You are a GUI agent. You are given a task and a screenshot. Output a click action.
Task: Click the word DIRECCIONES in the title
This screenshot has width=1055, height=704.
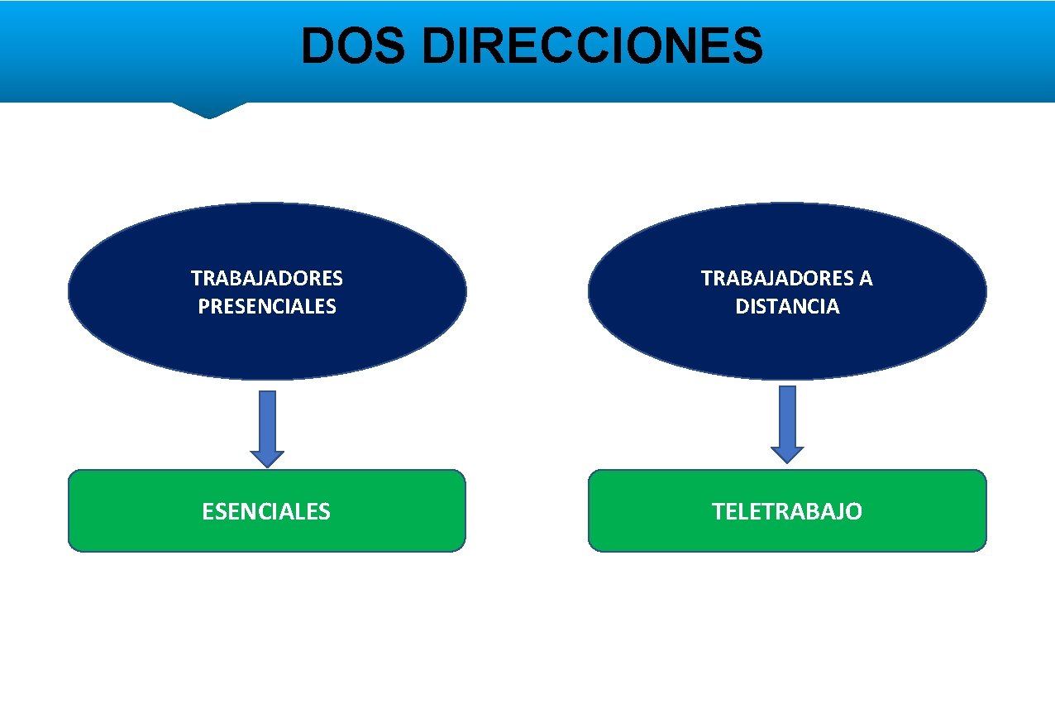coord(592,46)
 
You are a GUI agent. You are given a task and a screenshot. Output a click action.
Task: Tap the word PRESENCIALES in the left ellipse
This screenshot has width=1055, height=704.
coord(267,307)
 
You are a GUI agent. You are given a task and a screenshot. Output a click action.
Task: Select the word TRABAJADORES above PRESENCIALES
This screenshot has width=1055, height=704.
coord(267,279)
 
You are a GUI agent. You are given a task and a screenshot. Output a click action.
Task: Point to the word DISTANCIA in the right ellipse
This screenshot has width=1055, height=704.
coord(787,307)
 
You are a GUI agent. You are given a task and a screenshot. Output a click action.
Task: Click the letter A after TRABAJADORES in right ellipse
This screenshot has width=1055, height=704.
coord(865,279)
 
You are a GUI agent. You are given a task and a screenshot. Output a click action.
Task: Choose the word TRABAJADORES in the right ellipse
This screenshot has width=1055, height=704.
coord(776,279)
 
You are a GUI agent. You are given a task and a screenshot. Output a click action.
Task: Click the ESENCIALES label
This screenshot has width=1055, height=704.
coord(266,511)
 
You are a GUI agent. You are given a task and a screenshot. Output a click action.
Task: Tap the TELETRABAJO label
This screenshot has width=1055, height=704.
coord(787,511)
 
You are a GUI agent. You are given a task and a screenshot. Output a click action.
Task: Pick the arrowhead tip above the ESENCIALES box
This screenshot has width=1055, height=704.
coord(267,465)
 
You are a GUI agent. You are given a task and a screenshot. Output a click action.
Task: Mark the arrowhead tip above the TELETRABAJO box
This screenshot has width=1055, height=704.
coord(787,461)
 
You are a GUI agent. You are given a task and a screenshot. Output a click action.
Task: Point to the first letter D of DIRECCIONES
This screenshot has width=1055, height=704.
coord(436,46)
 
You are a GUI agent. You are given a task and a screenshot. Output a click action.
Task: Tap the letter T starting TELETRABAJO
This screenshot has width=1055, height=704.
coord(718,511)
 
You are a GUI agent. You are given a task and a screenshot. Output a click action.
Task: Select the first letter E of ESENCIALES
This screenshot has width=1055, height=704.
coord(208,511)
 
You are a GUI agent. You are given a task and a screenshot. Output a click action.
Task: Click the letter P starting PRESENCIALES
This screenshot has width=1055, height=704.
coord(204,307)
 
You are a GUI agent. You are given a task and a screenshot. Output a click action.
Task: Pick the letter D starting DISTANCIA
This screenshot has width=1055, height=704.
coord(742,307)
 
